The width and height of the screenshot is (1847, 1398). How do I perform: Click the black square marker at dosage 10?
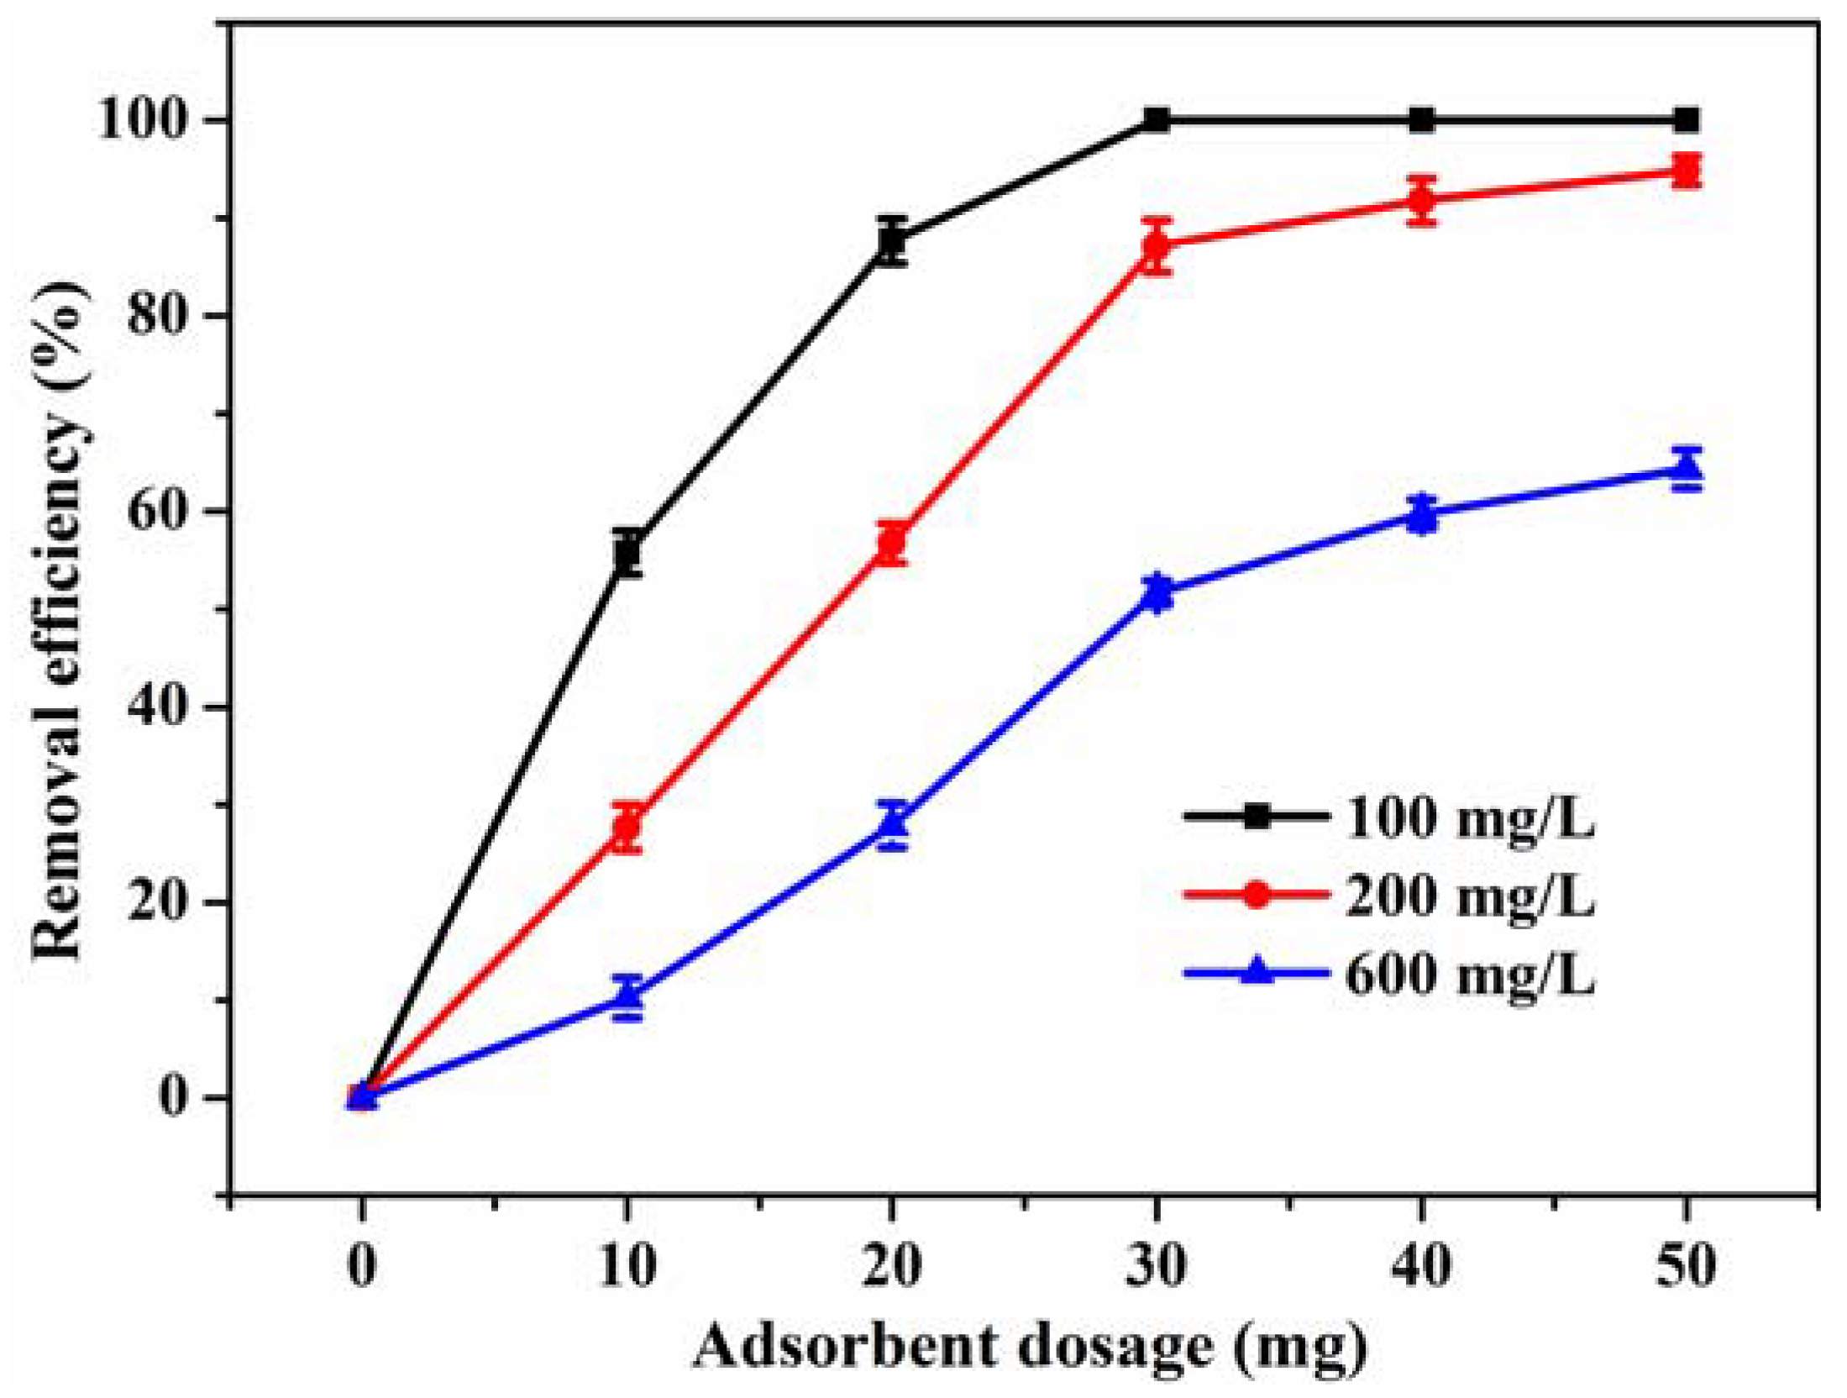[627, 553]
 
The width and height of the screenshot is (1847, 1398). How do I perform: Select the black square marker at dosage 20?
[891, 241]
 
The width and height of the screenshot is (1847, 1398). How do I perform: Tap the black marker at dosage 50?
[1685, 120]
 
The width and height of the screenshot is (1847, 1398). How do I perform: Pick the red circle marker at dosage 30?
[1157, 245]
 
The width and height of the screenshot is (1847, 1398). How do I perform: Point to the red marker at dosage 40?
[1421, 200]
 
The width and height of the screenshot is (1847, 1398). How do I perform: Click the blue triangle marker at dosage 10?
[627, 996]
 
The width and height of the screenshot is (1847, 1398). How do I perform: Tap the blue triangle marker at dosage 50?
[1685, 469]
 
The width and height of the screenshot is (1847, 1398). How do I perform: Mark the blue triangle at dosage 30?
[1157, 591]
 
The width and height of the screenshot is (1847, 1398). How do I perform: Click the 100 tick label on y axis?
[141, 120]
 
